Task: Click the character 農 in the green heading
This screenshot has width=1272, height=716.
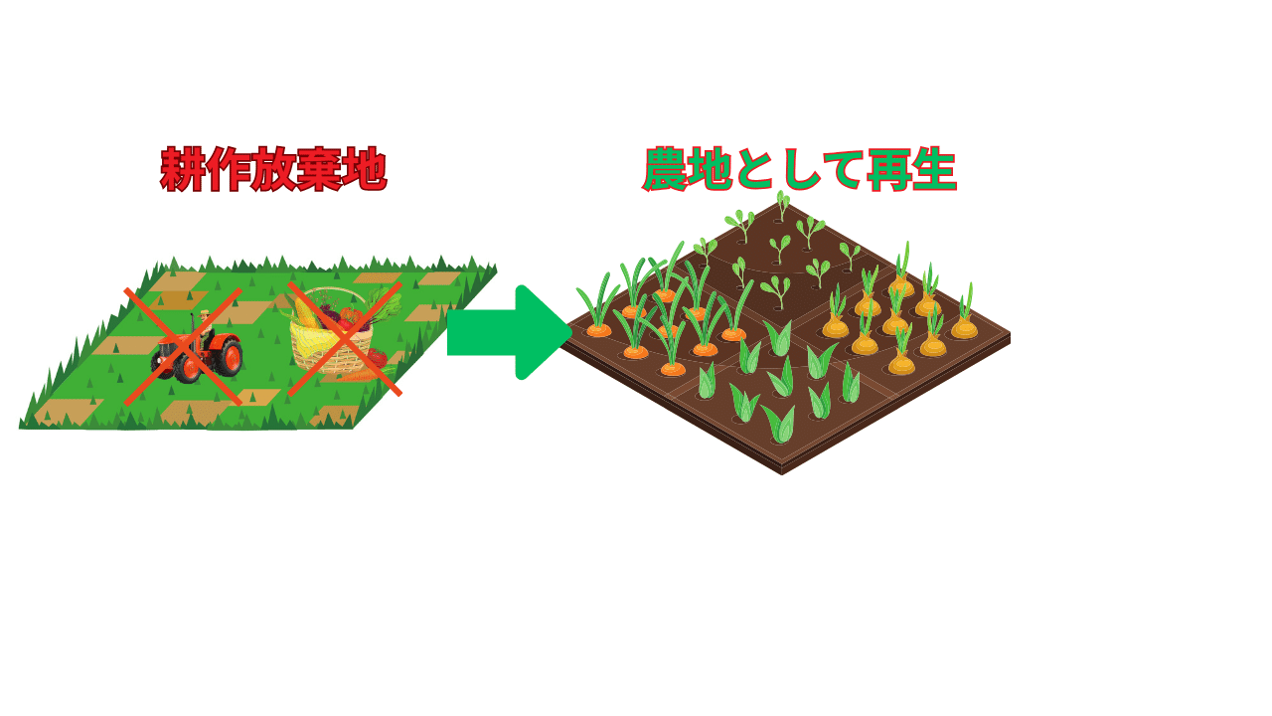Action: tap(667, 170)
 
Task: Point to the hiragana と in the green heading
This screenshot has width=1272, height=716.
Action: tap(753, 170)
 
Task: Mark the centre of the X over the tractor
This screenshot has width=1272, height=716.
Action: tap(184, 346)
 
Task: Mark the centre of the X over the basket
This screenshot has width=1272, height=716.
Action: tap(345, 338)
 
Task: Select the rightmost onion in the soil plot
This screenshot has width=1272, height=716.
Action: tap(964, 326)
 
